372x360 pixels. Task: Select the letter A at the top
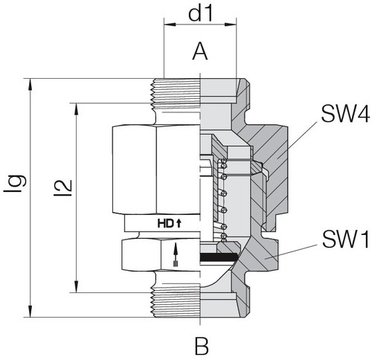click(x=200, y=51)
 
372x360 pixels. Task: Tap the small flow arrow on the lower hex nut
click(x=176, y=254)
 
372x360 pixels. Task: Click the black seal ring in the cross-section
click(x=220, y=256)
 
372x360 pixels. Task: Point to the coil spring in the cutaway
click(x=222, y=201)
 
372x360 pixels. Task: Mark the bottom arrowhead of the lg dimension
click(x=31, y=313)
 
